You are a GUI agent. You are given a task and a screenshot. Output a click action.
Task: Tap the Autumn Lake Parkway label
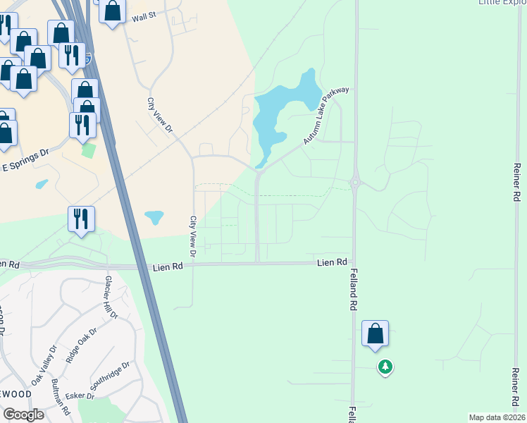point(326,116)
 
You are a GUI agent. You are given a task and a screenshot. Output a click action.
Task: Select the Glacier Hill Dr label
point(111,299)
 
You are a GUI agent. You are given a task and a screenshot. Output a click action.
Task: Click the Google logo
point(23,415)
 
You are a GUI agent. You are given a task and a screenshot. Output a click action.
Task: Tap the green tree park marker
point(385,367)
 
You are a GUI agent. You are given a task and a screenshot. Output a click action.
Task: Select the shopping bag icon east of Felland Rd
point(375,333)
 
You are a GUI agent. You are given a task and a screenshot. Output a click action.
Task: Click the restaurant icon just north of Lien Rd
point(82,219)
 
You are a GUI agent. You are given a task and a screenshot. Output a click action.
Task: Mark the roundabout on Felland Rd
point(355,183)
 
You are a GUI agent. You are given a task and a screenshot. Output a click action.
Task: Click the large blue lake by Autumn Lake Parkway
point(278,113)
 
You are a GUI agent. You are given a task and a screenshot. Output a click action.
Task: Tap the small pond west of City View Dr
point(154,217)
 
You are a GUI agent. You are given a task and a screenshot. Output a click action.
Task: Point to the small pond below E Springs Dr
point(42,185)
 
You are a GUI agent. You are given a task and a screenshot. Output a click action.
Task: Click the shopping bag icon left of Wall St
point(112,11)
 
